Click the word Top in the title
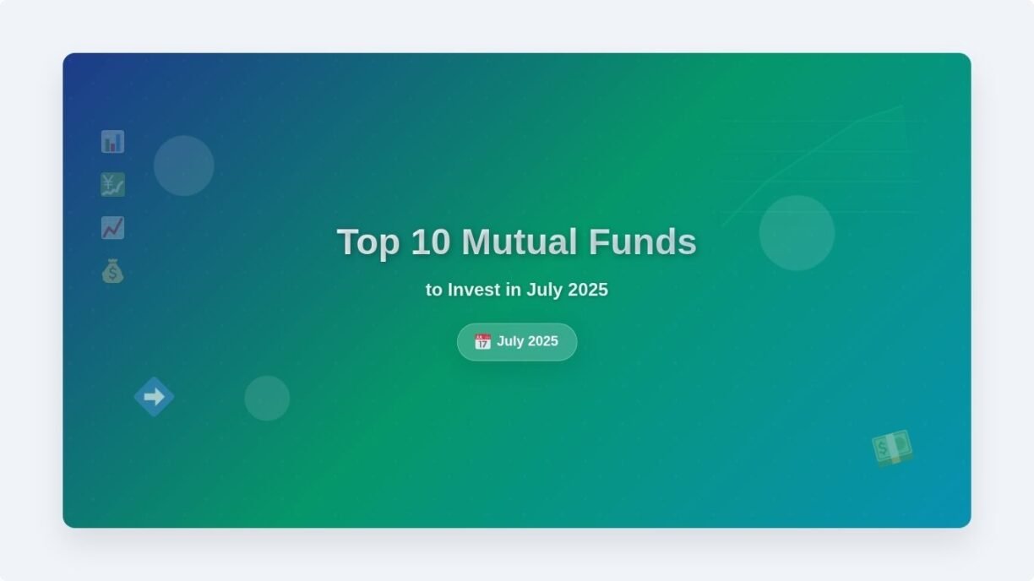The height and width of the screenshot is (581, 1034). (x=368, y=242)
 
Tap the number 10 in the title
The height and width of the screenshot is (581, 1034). (x=430, y=242)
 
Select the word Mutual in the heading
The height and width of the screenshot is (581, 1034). (x=520, y=242)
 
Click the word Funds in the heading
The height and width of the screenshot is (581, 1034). (x=642, y=242)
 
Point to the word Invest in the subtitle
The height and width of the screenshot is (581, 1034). (x=474, y=290)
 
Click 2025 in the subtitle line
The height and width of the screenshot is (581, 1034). (x=588, y=290)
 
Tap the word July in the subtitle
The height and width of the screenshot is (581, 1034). (x=545, y=290)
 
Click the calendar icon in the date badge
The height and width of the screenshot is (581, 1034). (x=482, y=342)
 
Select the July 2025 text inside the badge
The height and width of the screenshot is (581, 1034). (x=527, y=341)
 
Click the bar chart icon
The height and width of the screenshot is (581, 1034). (x=112, y=142)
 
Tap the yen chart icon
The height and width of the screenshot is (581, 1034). (x=112, y=185)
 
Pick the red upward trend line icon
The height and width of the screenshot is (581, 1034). (x=112, y=228)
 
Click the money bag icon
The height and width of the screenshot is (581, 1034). (x=112, y=271)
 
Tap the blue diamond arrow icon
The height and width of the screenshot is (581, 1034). (x=155, y=397)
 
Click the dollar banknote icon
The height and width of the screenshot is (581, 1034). (x=892, y=448)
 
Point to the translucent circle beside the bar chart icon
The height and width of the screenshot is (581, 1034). (x=183, y=166)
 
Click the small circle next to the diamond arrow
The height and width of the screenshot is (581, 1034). (x=267, y=399)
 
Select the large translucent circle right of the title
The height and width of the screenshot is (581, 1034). (x=797, y=233)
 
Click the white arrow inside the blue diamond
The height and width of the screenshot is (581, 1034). (x=155, y=397)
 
